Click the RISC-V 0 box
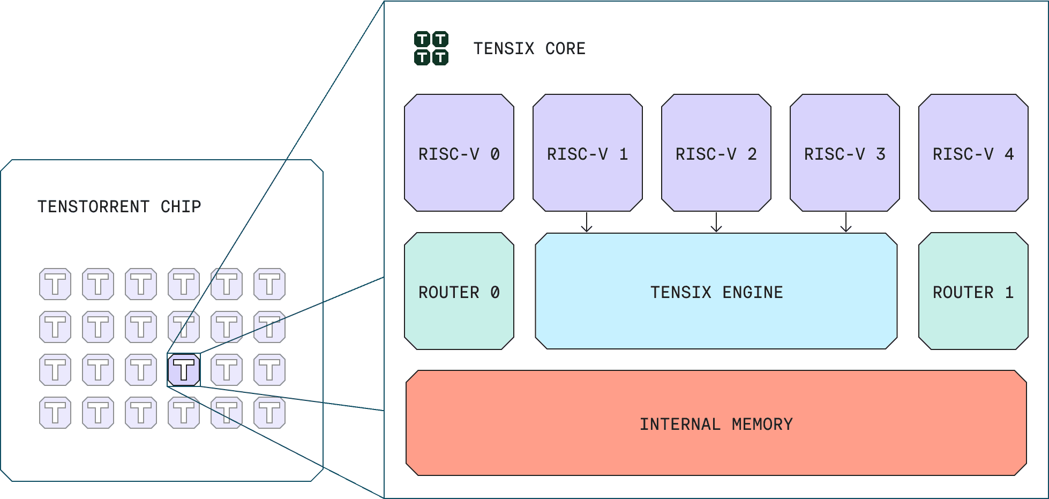point(459,153)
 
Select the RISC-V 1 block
point(587,153)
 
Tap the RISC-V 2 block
point(716,153)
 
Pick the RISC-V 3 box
point(844,153)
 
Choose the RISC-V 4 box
point(973,153)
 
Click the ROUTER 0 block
point(459,292)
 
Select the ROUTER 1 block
point(973,292)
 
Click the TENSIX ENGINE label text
point(716,292)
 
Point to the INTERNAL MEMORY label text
point(716,424)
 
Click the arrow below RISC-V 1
point(587,222)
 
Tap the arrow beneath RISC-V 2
point(716,222)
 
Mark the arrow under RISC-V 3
point(846,222)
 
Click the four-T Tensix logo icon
point(431,48)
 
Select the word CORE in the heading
point(565,49)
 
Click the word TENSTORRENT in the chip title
point(93,206)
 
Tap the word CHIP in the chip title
point(181,206)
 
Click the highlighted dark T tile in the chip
point(184,370)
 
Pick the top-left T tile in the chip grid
point(55,284)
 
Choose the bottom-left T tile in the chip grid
point(55,413)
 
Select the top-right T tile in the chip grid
point(269,284)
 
